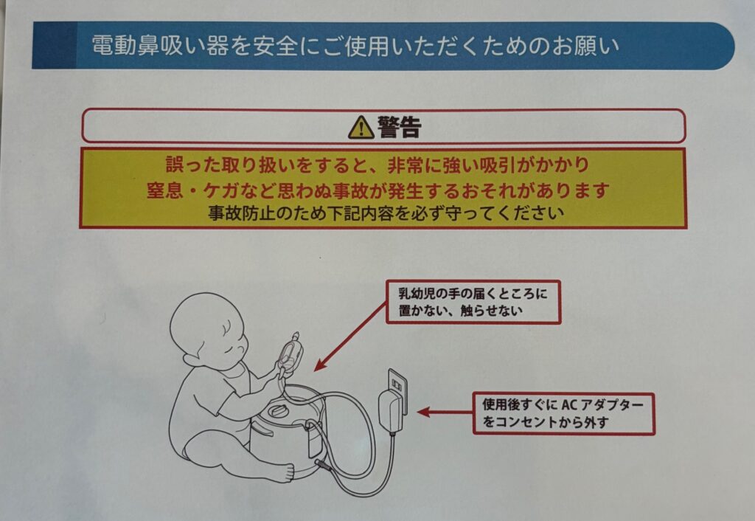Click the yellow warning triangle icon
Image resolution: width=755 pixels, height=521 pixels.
click(361, 128)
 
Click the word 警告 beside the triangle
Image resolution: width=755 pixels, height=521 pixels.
click(399, 128)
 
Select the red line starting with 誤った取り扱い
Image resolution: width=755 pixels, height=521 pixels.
click(377, 165)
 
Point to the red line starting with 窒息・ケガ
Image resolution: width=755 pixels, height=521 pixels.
click(378, 190)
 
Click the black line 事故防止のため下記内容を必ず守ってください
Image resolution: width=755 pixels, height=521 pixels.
click(386, 213)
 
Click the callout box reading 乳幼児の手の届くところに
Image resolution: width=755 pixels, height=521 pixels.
click(473, 302)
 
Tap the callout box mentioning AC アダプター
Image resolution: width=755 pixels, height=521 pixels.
click(563, 413)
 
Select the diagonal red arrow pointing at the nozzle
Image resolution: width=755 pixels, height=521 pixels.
click(350, 337)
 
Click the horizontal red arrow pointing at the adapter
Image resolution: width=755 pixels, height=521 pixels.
click(445, 413)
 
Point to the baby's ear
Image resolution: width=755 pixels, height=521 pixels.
click(192, 359)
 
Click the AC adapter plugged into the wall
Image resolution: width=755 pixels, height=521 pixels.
click(391, 410)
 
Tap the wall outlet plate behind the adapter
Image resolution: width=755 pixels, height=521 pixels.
click(397, 391)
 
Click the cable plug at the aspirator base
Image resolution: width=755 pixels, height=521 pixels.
click(323, 465)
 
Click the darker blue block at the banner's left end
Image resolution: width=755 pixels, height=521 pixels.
click(54, 45)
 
